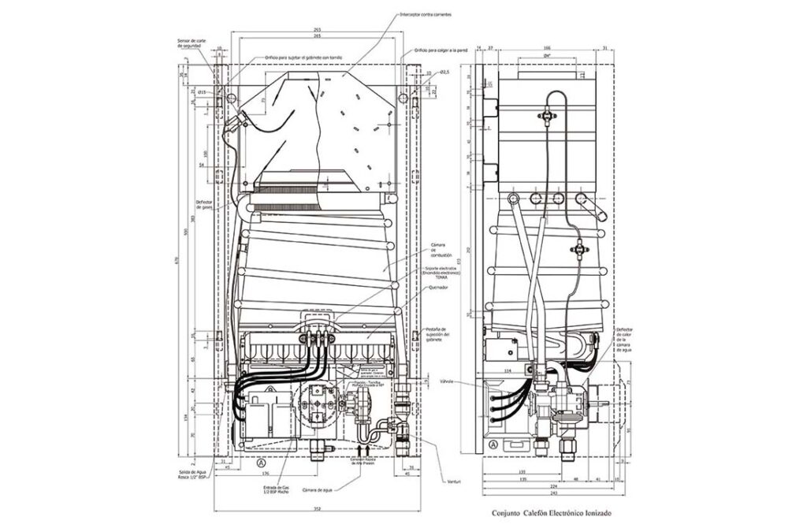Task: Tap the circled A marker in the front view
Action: tap(261, 463)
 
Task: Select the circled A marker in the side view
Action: tap(493, 445)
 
